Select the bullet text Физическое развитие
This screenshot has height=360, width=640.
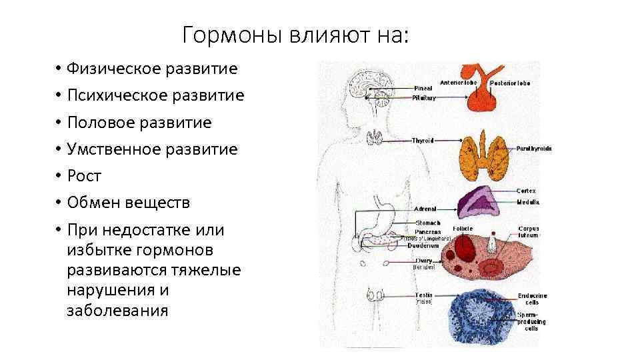tap(152, 69)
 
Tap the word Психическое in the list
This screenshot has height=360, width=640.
tap(109, 96)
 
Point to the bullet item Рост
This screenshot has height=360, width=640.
tap(84, 176)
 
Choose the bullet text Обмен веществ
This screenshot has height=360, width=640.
tap(128, 203)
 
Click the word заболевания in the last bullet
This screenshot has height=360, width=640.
tap(117, 311)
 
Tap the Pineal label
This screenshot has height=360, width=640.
tap(423, 87)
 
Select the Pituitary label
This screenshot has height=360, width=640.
tap(424, 97)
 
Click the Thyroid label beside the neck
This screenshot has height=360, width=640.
tap(423, 141)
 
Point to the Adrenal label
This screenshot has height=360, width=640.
tap(425, 209)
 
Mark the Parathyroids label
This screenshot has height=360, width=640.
tap(534, 149)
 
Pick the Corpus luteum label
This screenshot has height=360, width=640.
tap(528, 231)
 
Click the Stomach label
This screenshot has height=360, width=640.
tap(427, 222)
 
